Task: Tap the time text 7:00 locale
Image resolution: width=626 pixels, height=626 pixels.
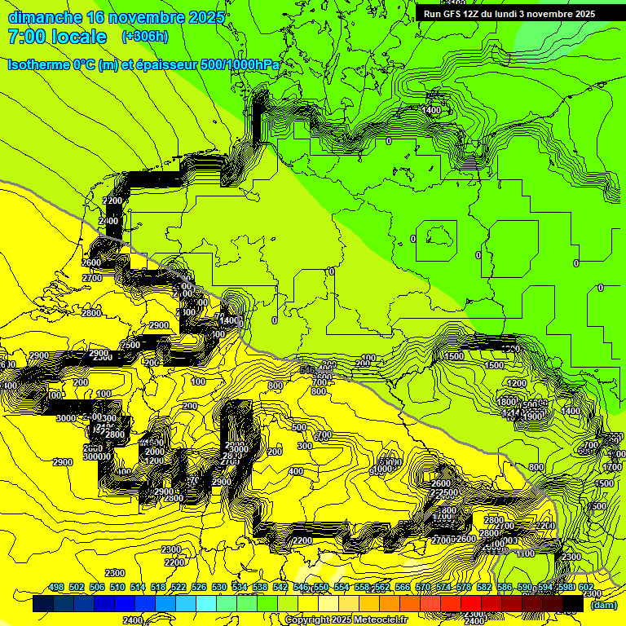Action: tap(57, 37)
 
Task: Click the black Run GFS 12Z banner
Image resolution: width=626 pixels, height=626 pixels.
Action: tap(509, 14)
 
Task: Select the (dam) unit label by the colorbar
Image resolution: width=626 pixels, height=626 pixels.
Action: tap(604, 604)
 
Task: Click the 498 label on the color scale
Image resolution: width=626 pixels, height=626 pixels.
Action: tap(56, 588)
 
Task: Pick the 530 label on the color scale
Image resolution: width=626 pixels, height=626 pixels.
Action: tap(219, 588)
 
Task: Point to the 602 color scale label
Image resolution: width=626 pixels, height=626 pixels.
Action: tap(585, 588)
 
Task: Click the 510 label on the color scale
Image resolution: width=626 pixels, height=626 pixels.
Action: tap(117, 588)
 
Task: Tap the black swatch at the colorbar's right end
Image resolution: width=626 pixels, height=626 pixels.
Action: tap(573, 603)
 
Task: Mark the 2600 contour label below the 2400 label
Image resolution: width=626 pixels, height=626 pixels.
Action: tap(91, 262)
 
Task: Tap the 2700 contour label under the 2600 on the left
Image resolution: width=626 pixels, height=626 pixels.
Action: tap(92, 278)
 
